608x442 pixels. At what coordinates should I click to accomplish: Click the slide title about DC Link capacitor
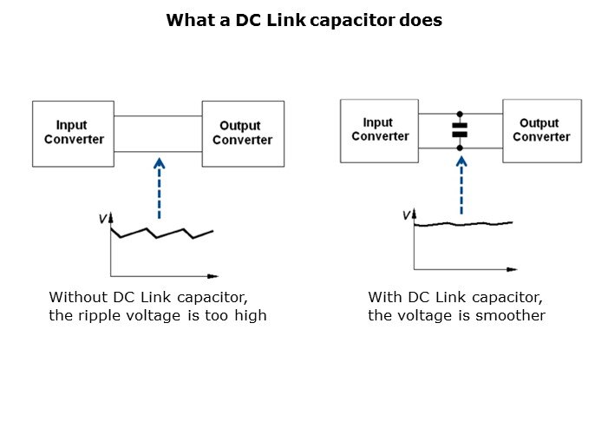click(x=304, y=20)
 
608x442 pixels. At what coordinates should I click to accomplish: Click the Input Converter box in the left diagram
click(x=74, y=133)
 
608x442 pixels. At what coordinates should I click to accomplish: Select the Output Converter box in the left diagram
click(x=243, y=133)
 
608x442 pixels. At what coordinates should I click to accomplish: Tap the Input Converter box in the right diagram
click(x=379, y=130)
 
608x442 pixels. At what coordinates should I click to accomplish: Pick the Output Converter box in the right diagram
click(x=542, y=130)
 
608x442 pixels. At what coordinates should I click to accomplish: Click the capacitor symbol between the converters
click(x=460, y=130)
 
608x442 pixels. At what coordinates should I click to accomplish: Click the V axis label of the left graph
click(x=102, y=219)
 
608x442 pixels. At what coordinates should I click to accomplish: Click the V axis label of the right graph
click(x=407, y=214)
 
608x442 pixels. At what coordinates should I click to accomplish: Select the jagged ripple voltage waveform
click(x=161, y=233)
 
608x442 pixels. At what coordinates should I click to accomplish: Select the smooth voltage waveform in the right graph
click(x=463, y=223)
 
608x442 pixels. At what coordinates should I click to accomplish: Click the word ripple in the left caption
click(x=95, y=315)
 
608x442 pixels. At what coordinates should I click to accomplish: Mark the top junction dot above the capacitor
click(x=460, y=114)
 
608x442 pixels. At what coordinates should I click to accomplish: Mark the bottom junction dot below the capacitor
click(x=460, y=148)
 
